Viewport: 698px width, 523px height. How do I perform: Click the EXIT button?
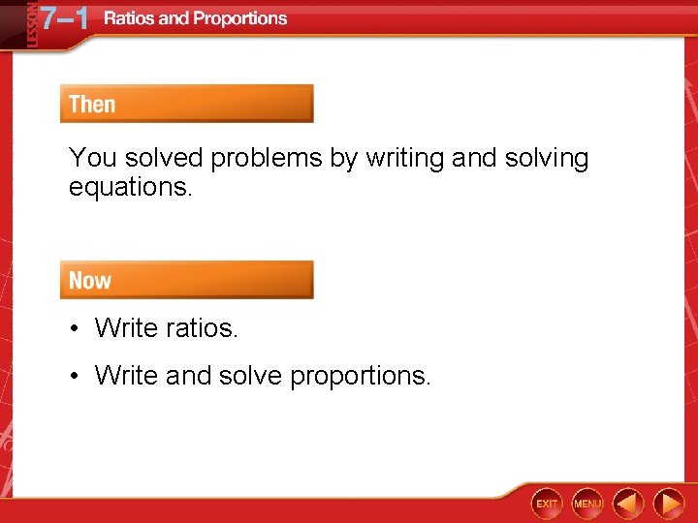(x=547, y=504)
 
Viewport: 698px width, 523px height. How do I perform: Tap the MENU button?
(x=587, y=504)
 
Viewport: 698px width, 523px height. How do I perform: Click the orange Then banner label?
(x=93, y=104)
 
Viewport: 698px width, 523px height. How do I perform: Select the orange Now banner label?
(x=90, y=280)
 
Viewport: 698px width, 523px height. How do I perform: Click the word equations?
(x=131, y=187)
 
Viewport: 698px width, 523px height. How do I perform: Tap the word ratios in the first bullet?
(x=202, y=328)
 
